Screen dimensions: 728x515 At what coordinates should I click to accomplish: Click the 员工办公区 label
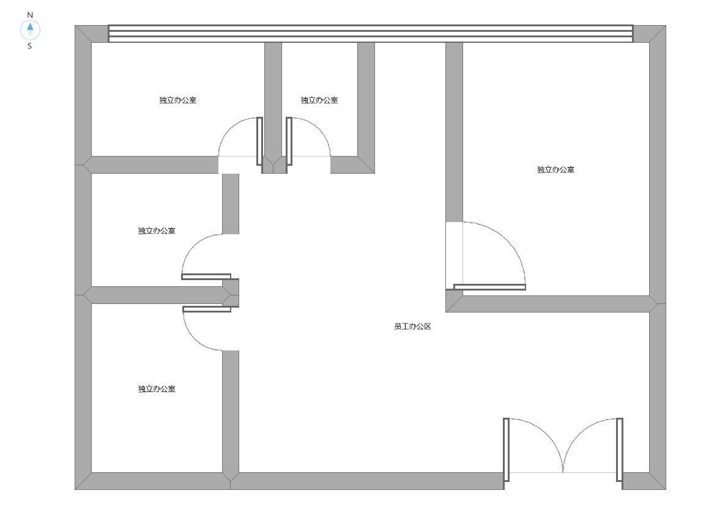(x=412, y=327)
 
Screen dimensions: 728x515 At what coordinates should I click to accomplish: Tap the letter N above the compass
(x=30, y=15)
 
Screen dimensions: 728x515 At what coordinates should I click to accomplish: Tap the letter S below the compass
(x=30, y=46)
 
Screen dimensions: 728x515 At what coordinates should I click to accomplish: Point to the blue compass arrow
(x=30, y=26)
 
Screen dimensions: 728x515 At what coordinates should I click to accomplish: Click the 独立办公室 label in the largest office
(x=555, y=169)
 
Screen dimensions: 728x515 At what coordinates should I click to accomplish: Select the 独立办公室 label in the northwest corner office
(x=178, y=100)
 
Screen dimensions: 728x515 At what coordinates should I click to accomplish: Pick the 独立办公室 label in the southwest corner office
(x=157, y=388)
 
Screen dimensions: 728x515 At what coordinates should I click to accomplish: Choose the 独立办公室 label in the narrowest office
(x=319, y=100)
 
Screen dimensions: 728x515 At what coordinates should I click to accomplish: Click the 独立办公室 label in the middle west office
(x=157, y=231)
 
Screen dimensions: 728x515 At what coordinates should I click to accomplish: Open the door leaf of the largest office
(x=489, y=287)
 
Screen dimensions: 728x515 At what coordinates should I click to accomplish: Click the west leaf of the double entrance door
(x=506, y=450)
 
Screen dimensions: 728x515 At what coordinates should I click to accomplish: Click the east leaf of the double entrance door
(x=619, y=450)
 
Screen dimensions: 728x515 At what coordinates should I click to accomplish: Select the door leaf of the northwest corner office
(x=259, y=141)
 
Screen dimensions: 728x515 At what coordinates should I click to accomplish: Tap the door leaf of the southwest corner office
(x=207, y=309)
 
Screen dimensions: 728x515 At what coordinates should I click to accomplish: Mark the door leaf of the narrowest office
(x=289, y=141)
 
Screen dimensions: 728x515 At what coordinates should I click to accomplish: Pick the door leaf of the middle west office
(x=206, y=277)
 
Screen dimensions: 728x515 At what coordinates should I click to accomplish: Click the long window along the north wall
(x=371, y=34)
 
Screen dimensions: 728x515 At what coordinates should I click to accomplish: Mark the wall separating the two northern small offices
(x=273, y=107)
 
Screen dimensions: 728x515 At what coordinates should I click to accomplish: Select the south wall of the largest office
(x=552, y=304)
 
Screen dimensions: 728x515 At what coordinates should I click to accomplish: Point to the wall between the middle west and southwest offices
(x=157, y=295)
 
